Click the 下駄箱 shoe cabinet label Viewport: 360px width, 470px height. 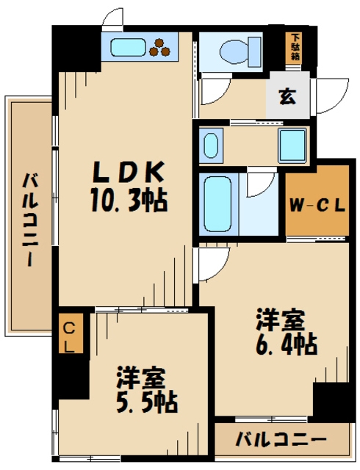tap(295, 46)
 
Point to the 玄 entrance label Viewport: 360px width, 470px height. tap(287, 96)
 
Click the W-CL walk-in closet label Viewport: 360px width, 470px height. tap(317, 205)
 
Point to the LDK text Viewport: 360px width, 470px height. tap(126, 173)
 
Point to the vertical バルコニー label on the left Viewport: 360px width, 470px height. tap(30, 220)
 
